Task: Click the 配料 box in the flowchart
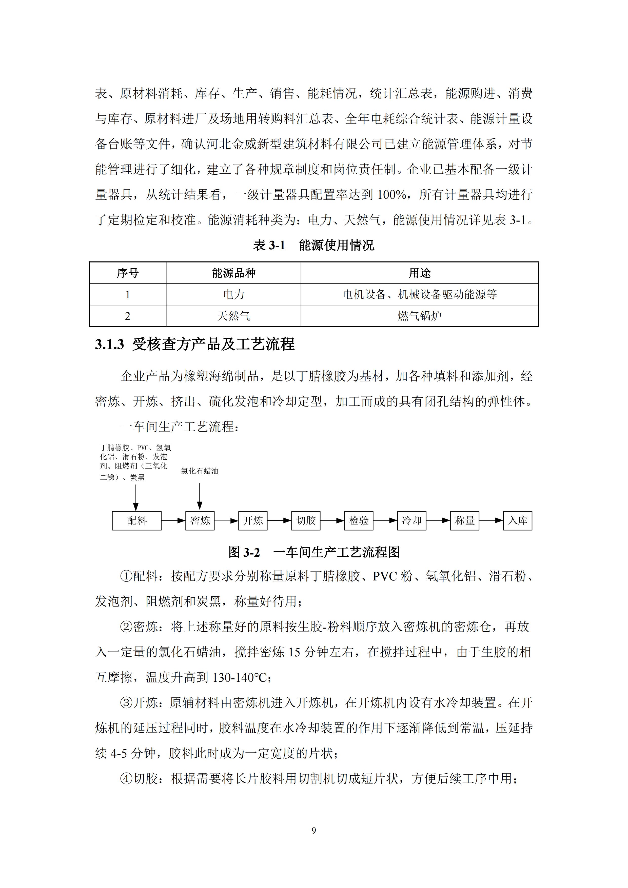pyautogui.click(x=136, y=521)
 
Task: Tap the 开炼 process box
pyautogui.click(x=253, y=521)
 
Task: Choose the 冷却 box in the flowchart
pyautogui.click(x=412, y=521)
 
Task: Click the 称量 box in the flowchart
pyautogui.click(x=465, y=521)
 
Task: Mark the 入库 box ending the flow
pyautogui.click(x=518, y=521)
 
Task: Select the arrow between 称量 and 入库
pyautogui.click(x=491, y=521)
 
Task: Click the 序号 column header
pyautogui.click(x=128, y=273)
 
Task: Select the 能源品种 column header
pyautogui.click(x=234, y=273)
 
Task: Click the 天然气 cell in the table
pyautogui.click(x=234, y=316)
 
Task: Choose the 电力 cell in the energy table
pyautogui.click(x=234, y=294)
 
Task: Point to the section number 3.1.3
pyautogui.click(x=109, y=344)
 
